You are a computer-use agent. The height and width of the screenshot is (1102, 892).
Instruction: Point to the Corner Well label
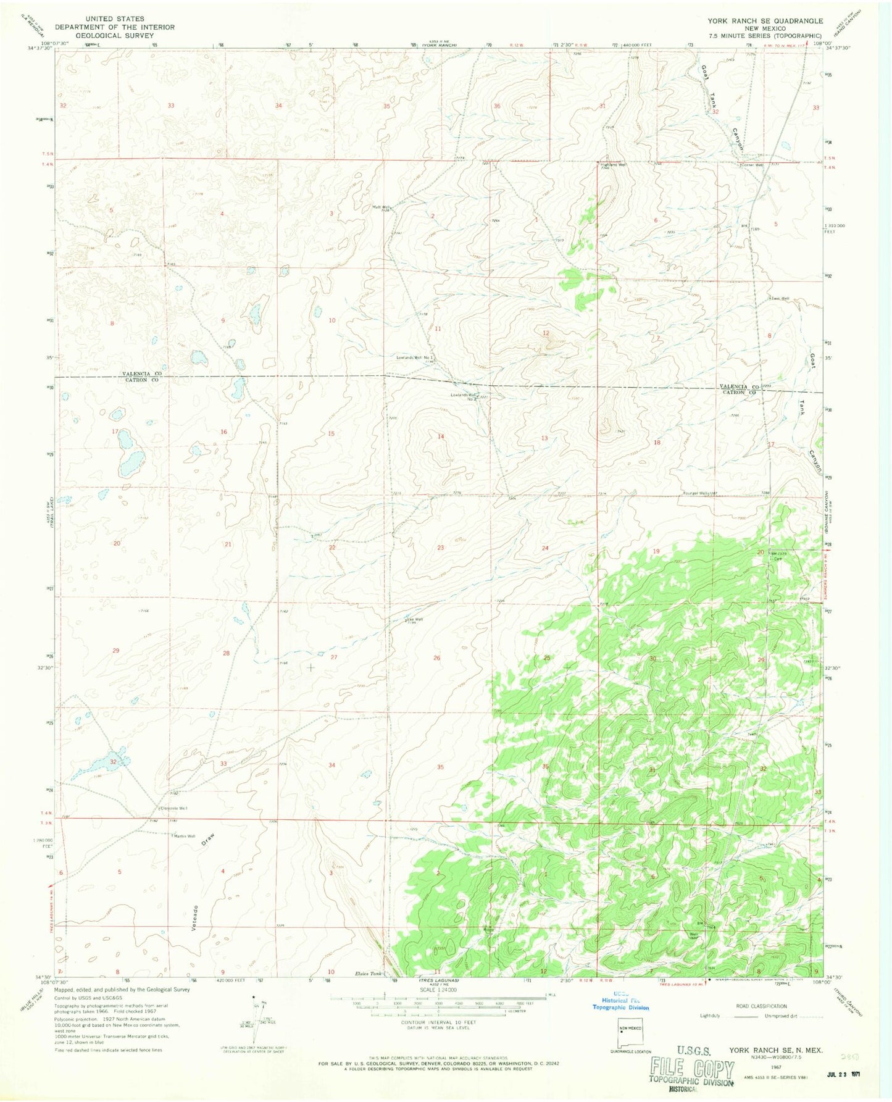pyautogui.click(x=753, y=165)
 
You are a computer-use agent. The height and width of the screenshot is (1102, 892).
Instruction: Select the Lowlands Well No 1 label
pyautogui.click(x=416, y=357)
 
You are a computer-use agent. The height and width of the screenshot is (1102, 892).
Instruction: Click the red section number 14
pyautogui.click(x=441, y=436)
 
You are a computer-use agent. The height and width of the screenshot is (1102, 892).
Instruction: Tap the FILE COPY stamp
pyautogui.click(x=691, y=1068)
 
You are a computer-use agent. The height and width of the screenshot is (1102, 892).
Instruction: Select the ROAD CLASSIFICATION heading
pyautogui.click(x=761, y=1006)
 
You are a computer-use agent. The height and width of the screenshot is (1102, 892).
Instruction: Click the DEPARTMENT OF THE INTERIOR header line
pyautogui.click(x=115, y=27)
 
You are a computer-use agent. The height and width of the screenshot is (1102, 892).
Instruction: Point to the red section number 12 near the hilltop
pyautogui.click(x=546, y=333)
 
